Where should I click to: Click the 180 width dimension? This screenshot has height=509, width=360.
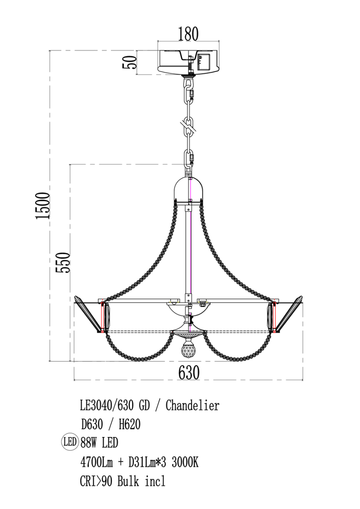pos(188,34)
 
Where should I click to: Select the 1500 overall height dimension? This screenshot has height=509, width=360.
pos(42,206)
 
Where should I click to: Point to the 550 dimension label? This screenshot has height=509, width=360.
pos(63,262)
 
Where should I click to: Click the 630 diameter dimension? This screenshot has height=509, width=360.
pos(189,372)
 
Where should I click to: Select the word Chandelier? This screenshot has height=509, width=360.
pos(192,406)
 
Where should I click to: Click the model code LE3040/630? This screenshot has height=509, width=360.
pos(107,406)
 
